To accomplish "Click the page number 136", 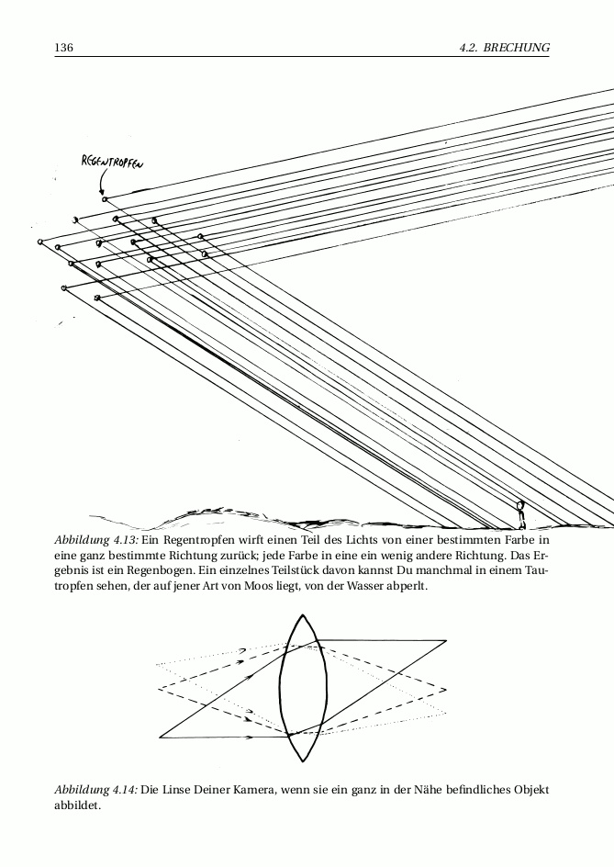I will click(63, 47).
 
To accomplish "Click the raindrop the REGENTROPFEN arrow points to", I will click(105, 198).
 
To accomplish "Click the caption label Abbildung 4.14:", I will click(95, 790).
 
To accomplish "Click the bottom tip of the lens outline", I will click(301, 760).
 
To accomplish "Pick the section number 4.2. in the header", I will click(470, 47).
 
